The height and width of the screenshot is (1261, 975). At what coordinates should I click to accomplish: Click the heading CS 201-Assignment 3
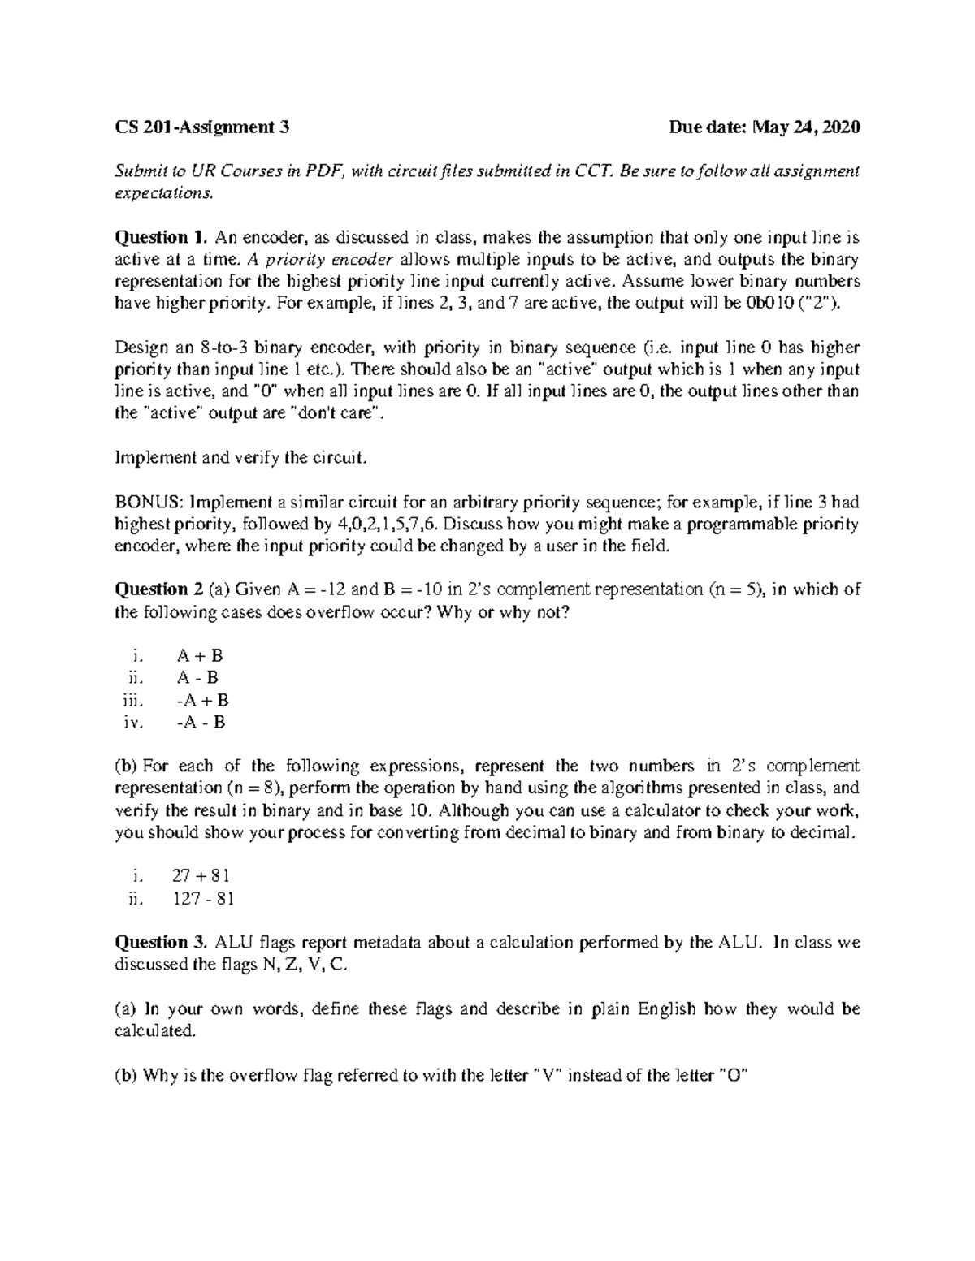(x=202, y=127)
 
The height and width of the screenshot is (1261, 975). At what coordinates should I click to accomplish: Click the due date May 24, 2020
(x=765, y=127)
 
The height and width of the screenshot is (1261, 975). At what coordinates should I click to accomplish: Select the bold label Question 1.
(x=162, y=237)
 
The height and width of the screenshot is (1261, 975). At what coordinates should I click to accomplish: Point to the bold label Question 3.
(x=162, y=942)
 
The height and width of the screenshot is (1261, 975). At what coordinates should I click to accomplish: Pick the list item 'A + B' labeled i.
(x=200, y=656)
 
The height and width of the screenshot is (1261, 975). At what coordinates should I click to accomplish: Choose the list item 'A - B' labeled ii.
(x=198, y=678)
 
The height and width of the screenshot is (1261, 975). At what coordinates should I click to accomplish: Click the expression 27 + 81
(x=201, y=876)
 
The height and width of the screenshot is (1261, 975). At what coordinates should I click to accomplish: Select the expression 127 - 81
(x=204, y=898)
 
